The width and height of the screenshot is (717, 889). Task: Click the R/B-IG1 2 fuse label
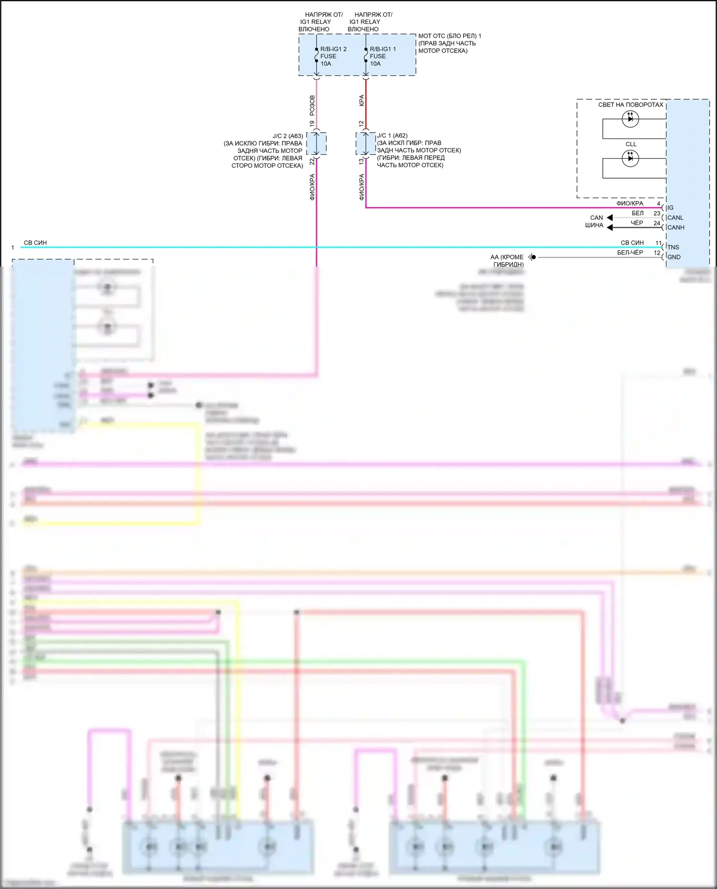(x=333, y=49)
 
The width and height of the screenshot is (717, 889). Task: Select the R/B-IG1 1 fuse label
(x=382, y=49)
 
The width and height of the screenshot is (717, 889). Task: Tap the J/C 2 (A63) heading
(x=288, y=136)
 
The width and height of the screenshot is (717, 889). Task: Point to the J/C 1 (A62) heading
(x=392, y=136)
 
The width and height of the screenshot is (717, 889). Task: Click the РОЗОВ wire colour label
(x=312, y=106)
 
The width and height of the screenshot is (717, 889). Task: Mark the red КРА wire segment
(x=366, y=103)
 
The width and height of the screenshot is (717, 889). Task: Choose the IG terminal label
(x=670, y=208)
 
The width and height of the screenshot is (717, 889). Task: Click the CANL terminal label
(x=675, y=218)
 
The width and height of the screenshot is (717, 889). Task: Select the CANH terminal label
(x=675, y=227)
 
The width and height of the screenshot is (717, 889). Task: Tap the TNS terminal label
(x=673, y=247)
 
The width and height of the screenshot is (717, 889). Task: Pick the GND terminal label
(x=674, y=257)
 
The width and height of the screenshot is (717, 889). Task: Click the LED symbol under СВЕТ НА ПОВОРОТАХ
(x=630, y=118)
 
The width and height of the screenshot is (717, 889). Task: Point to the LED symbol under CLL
(x=630, y=158)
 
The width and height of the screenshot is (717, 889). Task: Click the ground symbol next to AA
(x=532, y=257)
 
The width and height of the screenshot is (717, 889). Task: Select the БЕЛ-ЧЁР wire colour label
(x=630, y=253)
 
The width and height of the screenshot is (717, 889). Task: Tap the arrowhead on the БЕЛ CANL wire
(x=609, y=218)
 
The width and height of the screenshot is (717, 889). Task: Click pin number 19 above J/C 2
(x=312, y=123)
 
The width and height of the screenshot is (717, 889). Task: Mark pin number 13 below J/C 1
(x=361, y=161)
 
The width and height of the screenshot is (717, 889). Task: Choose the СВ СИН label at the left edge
(x=35, y=243)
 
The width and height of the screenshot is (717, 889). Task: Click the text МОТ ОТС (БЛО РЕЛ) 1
(x=449, y=36)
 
